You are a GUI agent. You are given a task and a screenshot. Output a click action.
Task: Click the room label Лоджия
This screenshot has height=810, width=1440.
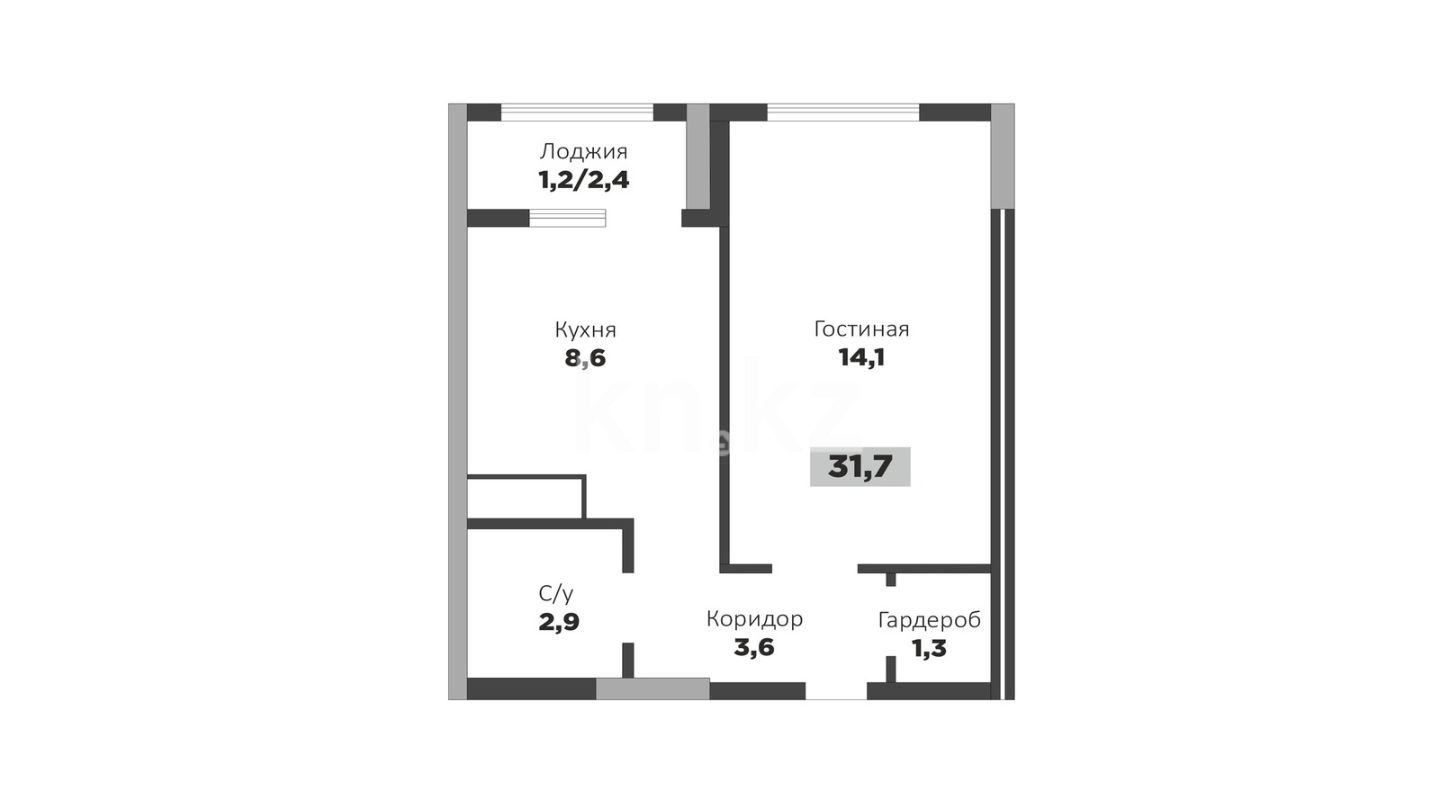(x=583, y=152)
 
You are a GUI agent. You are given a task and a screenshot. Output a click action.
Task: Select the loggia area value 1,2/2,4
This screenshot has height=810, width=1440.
(x=583, y=181)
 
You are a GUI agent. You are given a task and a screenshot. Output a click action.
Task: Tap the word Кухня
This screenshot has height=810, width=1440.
(x=585, y=330)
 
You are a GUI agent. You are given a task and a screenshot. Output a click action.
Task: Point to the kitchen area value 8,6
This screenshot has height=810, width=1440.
(x=585, y=358)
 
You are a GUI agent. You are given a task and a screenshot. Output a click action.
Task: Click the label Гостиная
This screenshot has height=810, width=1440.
(x=861, y=329)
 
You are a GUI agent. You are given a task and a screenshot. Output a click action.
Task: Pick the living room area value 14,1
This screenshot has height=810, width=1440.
(x=861, y=357)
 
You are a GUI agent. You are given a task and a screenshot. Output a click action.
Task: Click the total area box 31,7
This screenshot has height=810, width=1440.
(x=860, y=467)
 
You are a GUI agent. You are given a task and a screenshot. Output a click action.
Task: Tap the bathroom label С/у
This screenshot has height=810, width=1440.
(x=556, y=594)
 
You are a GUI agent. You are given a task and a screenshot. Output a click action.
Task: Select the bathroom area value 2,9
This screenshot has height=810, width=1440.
(x=559, y=622)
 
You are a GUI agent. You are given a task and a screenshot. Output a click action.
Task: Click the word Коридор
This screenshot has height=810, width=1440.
(x=754, y=619)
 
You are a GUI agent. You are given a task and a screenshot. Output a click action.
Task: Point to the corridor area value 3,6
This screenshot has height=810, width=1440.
(x=754, y=647)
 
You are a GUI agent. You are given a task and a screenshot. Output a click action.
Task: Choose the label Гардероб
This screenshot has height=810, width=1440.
(x=930, y=620)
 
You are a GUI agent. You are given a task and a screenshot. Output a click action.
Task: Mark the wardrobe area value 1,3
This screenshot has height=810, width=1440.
(x=930, y=649)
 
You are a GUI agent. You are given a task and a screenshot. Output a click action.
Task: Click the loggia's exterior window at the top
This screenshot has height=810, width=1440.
(x=577, y=112)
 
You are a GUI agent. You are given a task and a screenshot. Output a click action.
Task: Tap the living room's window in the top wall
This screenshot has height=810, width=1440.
(x=842, y=112)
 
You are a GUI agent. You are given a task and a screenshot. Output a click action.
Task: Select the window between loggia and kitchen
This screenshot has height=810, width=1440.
(x=567, y=218)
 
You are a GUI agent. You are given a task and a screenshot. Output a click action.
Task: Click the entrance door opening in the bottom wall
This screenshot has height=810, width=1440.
(x=836, y=691)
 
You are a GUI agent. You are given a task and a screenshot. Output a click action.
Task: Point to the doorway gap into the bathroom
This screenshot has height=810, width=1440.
(x=628, y=607)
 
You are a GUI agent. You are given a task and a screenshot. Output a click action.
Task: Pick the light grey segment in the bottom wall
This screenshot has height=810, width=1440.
(x=652, y=688)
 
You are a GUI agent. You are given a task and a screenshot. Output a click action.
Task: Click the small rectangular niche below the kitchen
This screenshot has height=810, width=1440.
(x=526, y=497)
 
